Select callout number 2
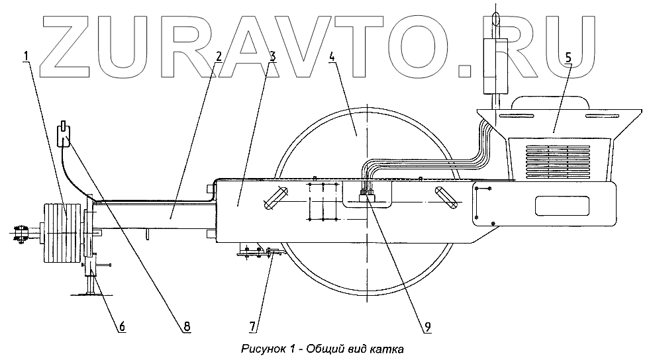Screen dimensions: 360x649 pos(218,58)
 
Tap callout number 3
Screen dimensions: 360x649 pos(272,58)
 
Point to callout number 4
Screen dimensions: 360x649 pos(333,57)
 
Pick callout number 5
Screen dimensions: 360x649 pos(568,58)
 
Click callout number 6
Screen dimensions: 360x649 pos(122,326)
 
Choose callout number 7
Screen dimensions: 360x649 pos(252,326)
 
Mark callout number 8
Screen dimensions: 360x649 pos(186,326)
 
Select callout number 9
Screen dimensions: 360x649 pos(428,326)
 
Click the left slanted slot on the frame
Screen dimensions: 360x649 pos(275,198)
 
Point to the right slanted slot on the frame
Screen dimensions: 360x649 pos(445,198)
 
